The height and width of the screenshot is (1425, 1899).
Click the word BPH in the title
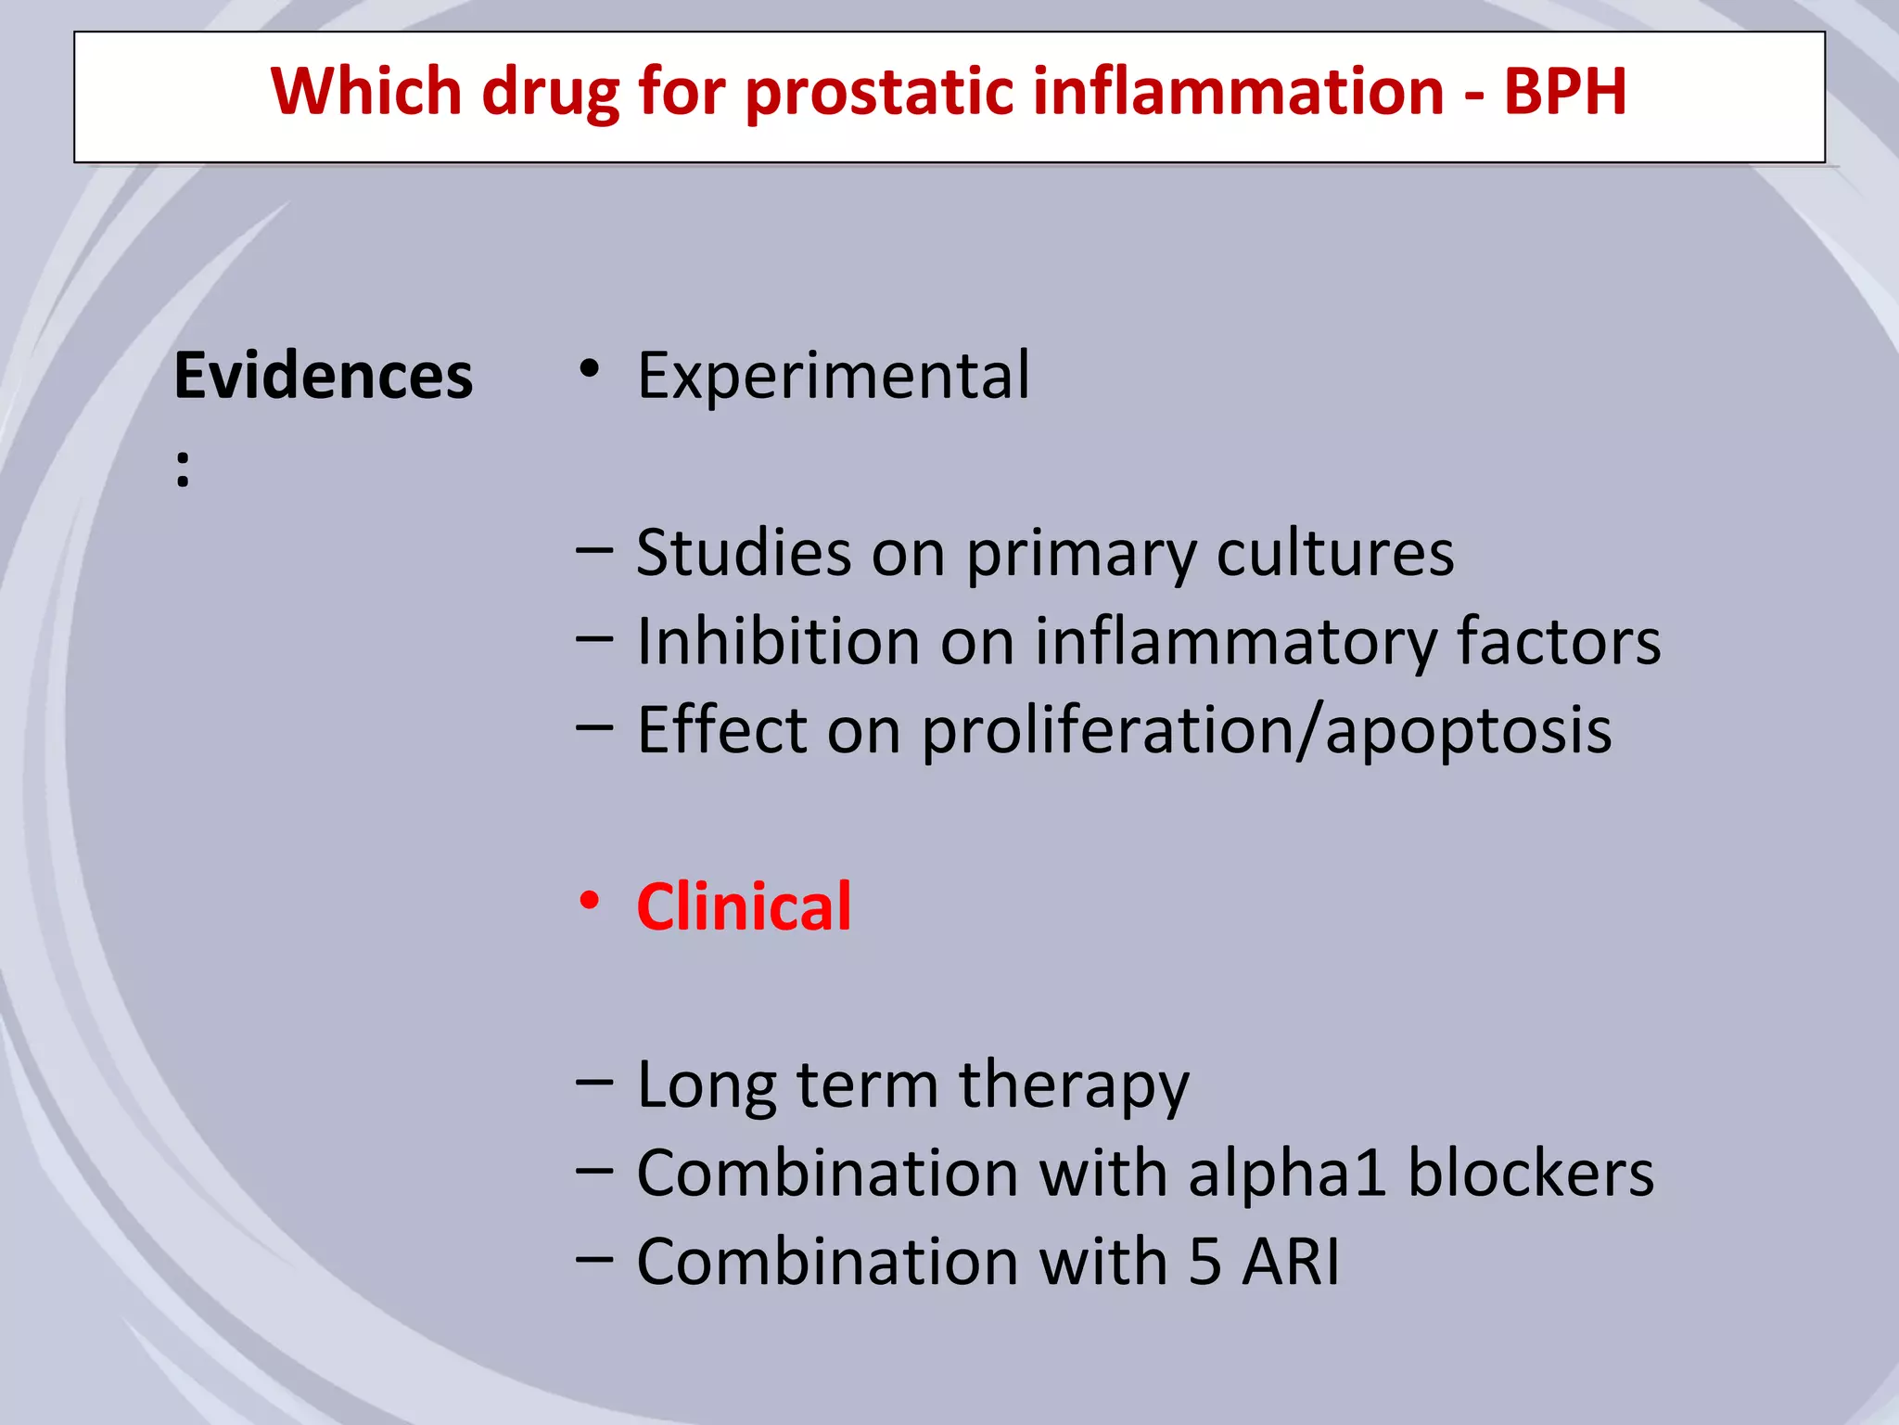click(x=1564, y=92)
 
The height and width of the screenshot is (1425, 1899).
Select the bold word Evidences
click(x=323, y=377)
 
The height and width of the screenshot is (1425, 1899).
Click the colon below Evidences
click(x=183, y=469)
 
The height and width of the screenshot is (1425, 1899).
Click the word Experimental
click(x=833, y=376)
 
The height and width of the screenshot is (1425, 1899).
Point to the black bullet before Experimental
click(x=589, y=370)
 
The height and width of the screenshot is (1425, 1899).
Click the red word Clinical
click(x=744, y=906)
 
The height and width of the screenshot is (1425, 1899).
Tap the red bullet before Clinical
click(x=589, y=901)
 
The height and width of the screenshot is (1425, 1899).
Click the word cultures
click(x=1334, y=554)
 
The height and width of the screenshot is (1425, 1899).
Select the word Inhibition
click(x=778, y=641)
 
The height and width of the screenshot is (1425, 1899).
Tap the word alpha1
click(x=1287, y=1175)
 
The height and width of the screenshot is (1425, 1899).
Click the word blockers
click(x=1530, y=1174)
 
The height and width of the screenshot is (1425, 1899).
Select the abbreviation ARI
click(x=1291, y=1262)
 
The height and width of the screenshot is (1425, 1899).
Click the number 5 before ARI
click(x=1204, y=1262)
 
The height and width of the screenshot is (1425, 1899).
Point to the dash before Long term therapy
click(x=593, y=1082)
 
